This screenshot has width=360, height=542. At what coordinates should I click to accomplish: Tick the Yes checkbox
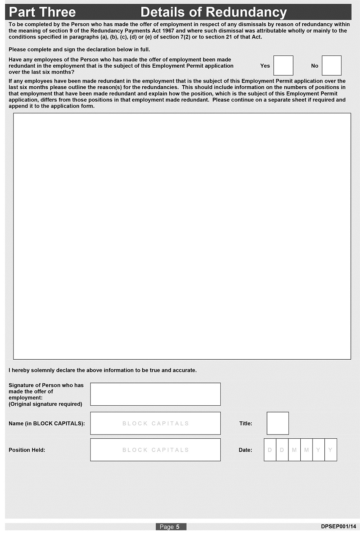tap(283, 66)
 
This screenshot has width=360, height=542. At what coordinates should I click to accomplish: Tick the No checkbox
tap(331, 66)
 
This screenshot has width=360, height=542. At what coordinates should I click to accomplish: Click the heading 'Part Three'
tap(42, 12)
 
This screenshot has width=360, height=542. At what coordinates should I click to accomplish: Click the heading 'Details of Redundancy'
tap(213, 12)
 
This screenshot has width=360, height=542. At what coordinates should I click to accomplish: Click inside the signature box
tap(155, 394)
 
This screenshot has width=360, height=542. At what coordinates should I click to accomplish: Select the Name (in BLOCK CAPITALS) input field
tap(155, 423)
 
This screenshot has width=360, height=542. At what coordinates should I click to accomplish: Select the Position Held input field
tap(155, 450)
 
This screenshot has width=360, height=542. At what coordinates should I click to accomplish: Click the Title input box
tap(278, 423)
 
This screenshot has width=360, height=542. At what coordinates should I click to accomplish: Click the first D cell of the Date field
tap(270, 450)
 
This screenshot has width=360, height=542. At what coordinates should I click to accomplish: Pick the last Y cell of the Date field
tap(330, 450)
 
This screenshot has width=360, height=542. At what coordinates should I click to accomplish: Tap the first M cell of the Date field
tap(294, 450)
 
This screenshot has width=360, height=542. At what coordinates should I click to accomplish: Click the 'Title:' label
tap(246, 423)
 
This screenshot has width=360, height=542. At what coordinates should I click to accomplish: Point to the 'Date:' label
tap(245, 450)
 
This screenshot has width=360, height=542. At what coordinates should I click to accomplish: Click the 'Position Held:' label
tap(27, 450)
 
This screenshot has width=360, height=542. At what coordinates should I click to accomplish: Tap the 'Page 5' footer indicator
tap(171, 527)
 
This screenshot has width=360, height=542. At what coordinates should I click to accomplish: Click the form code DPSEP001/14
tap(338, 526)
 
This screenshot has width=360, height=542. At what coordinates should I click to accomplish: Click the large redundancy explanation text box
tap(182, 236)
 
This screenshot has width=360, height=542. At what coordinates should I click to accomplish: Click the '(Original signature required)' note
tap(45, 404)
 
